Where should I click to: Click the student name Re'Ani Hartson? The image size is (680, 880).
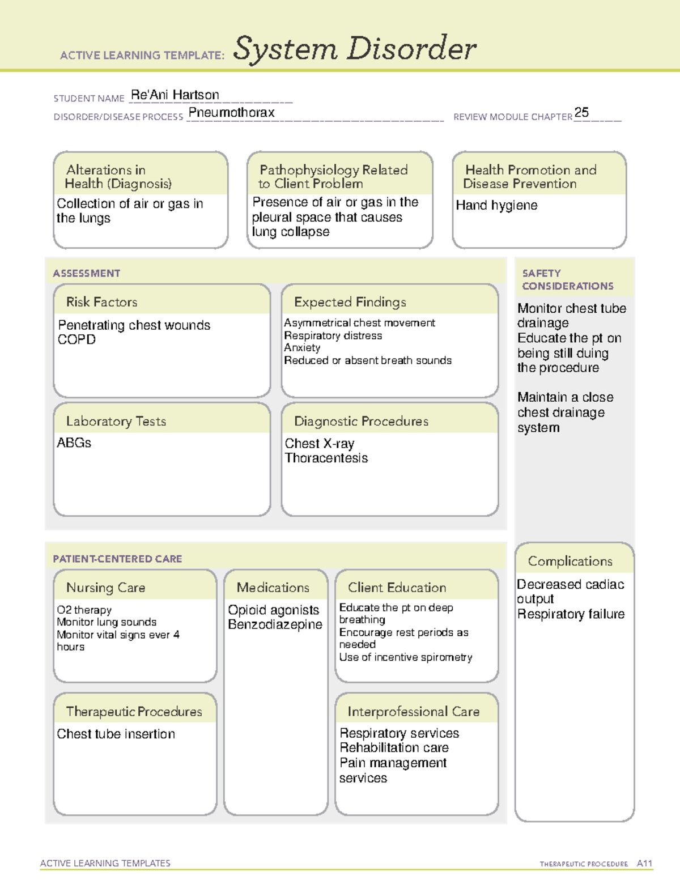click(x=175, y=95)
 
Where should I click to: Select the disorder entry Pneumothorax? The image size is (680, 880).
click(x=231, y=112)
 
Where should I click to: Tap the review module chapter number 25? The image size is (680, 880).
click(x=581, y=112)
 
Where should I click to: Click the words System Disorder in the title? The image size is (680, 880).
click(x=355, y=49)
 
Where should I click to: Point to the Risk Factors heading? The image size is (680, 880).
click(x=101, y=302)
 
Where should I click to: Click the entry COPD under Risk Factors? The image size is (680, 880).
click(x=76, y=339)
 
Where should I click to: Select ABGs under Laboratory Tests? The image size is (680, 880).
click(x=74, y=443)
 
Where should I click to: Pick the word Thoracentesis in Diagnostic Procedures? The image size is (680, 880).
click(x=326, y=458)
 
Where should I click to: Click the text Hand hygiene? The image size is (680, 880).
click(x=496, y=205)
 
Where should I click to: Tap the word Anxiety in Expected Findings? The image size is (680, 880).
click(x=302, y=347)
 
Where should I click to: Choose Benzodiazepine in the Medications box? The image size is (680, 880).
click(x=275, y=624)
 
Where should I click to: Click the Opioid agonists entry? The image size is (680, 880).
click(x=273, y=610)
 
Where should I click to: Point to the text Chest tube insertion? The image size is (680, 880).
click(x=116, y=734)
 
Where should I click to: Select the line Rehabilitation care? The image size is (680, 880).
click(x=394, y=748)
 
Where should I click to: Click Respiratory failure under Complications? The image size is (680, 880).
click(x=571, y=614)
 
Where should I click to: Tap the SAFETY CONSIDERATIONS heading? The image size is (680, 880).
click(x=567, y=279)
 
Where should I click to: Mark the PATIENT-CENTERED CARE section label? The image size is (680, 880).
click(x=117, y=559)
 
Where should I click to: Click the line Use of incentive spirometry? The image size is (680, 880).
click(x=405, y=657)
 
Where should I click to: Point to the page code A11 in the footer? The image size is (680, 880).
click(x=644, y=863)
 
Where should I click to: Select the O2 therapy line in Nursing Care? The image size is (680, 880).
click(x=84, y=610)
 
